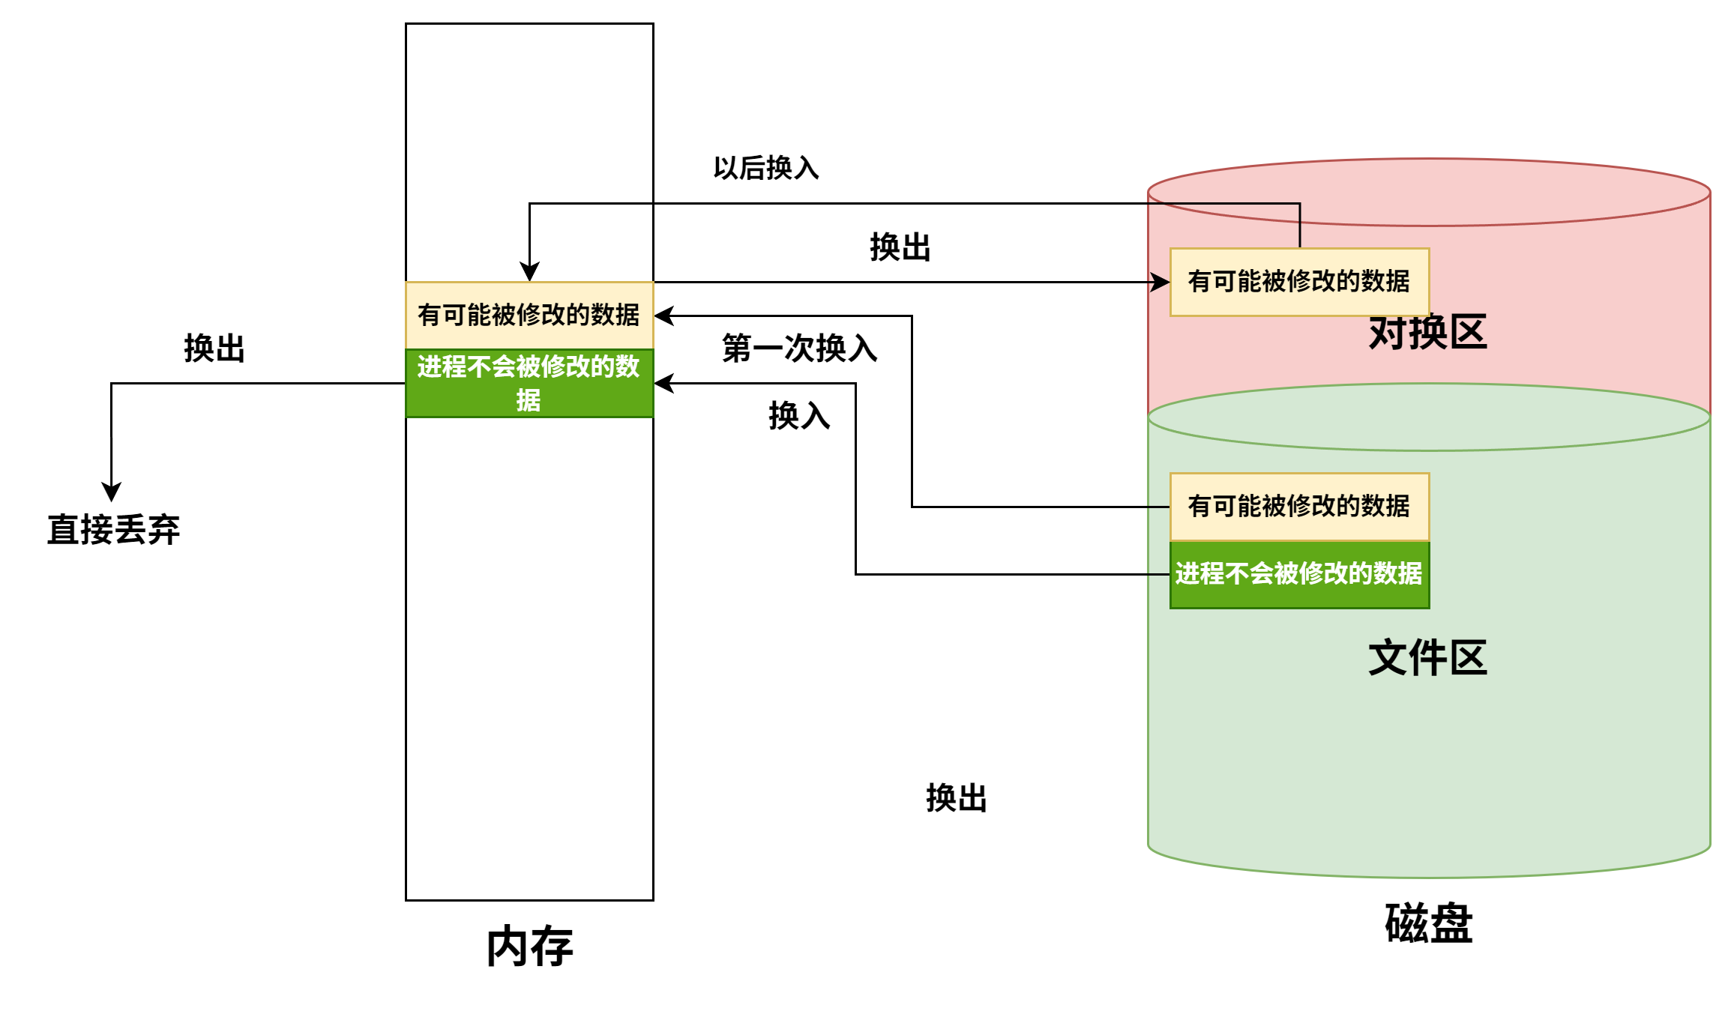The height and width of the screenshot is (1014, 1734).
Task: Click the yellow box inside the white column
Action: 529,315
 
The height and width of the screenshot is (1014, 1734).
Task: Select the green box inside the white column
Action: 529,383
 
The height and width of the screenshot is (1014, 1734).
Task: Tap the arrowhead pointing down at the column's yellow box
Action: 530,271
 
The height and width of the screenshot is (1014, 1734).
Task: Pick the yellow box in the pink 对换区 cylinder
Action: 1299,282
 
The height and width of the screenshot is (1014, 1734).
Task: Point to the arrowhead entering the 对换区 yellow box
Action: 1161,283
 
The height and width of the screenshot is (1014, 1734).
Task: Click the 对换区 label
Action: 1427,334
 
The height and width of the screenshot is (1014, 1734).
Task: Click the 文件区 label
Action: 1427,658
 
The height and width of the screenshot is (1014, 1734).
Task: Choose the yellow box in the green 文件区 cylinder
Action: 1299,507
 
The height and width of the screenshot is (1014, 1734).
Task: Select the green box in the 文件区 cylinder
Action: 1299,574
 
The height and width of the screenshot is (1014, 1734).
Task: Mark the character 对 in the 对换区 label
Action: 1388,334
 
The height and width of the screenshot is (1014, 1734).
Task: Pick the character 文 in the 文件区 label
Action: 1388,658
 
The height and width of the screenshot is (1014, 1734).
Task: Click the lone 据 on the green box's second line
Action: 529,400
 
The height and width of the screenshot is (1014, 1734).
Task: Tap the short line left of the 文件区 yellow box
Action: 1159,507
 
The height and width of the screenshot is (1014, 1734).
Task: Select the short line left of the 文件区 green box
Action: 1159,575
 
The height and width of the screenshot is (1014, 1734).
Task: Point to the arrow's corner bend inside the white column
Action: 530,204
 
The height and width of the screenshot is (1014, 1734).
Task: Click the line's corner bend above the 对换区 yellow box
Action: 1299,204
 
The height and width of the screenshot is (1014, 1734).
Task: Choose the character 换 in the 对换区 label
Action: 1427,334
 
